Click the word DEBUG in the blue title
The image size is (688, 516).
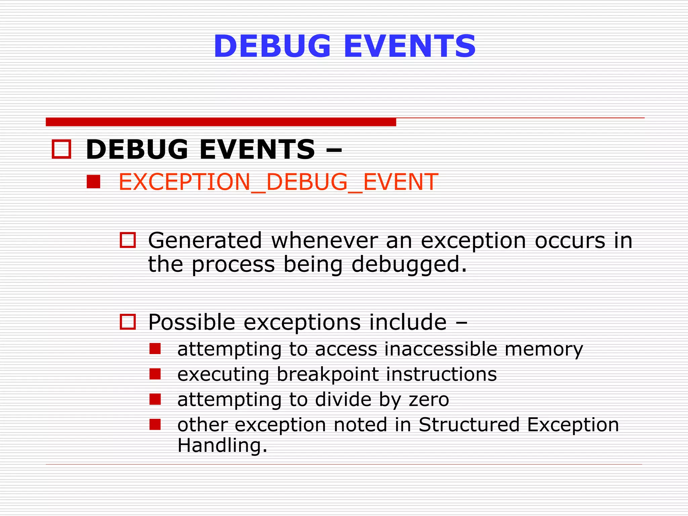coord(272,46)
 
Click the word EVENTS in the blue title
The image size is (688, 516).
coord(410,46)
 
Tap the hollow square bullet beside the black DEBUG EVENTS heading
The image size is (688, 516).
coord(61,149)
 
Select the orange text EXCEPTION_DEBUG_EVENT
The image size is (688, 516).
coord(278,182)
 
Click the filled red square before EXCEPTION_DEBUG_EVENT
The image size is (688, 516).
coord(93,182)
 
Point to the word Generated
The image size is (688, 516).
coord(205,241)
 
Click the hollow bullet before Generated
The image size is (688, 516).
coord(128,240)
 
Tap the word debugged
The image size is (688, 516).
coord(409,265)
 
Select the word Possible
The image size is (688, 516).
coord(191,322)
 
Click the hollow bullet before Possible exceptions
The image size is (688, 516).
coord(128,322)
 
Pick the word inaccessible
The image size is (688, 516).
coord(440,349)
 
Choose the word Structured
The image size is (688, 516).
coord(469,425)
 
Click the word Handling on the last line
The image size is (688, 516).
coord(222,445)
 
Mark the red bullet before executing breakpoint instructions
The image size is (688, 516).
coord(155,374)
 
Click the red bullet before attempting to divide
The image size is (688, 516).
coord(155,399)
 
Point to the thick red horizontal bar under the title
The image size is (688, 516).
coord(221,122)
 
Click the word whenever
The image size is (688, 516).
coord(324,241)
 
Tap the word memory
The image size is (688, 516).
coord(544,349)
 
